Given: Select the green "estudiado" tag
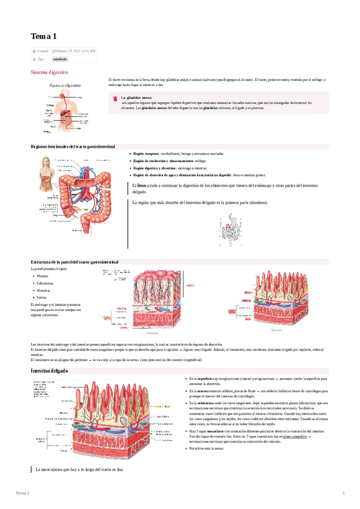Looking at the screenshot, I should [60, 59].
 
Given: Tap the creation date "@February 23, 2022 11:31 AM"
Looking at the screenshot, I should [74, 52].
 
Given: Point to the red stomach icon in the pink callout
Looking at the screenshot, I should [115, 97].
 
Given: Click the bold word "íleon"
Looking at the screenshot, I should [141, 187].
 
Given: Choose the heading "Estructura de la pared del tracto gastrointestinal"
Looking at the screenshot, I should [74, 262].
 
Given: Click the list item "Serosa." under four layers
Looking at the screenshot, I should [43, 297].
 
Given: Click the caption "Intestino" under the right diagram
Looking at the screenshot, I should [276, 330].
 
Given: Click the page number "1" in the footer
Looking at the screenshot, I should [343, 493].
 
